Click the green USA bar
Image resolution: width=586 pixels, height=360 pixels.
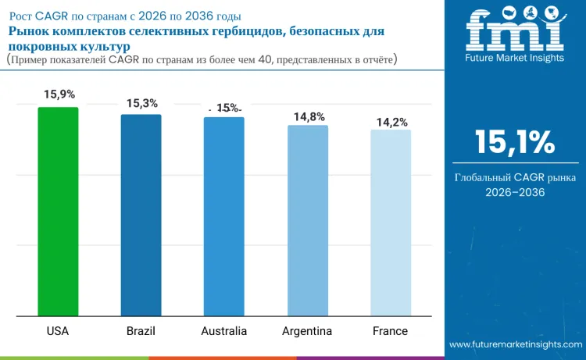point(58,212)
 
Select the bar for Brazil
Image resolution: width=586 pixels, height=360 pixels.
point(141,215)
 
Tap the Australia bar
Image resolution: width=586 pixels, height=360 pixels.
point(224,216)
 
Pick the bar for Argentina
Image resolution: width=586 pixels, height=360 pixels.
point(308,221)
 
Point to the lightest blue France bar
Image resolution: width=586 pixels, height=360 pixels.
point(391,223)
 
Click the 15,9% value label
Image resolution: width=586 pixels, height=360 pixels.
point(59,94)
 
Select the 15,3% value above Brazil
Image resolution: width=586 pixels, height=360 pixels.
point(142,103)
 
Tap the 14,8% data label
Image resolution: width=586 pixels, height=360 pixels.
point(309,117)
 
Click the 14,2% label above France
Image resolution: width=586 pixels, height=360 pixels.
point(391,122)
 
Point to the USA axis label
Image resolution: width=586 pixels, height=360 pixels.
point(58,331)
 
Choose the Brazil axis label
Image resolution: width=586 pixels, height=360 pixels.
point(141,331)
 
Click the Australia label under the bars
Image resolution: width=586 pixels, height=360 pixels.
point(224,331)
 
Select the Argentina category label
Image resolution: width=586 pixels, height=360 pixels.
point(307,331)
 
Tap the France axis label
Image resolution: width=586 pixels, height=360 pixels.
point(390,331)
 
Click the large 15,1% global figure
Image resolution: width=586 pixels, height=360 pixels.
point(515,142)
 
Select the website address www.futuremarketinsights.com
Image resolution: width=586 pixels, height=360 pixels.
point(516,344)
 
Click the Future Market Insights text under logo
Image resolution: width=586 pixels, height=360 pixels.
point(515,58)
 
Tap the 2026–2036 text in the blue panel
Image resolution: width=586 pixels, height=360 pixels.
point(515,192)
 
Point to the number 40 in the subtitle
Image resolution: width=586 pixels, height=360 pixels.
point(265,59)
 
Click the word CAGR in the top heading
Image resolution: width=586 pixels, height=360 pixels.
point(52,16)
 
